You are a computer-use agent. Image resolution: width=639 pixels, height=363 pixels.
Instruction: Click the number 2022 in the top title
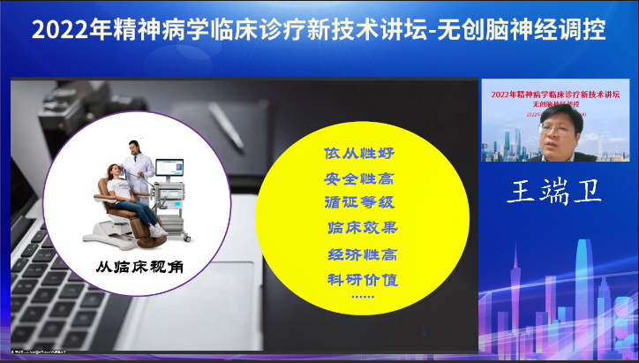point(55,30)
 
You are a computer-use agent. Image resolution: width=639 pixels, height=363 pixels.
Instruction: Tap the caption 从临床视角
point(134,265)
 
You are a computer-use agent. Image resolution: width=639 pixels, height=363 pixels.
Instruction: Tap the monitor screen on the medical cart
point(169,168)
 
